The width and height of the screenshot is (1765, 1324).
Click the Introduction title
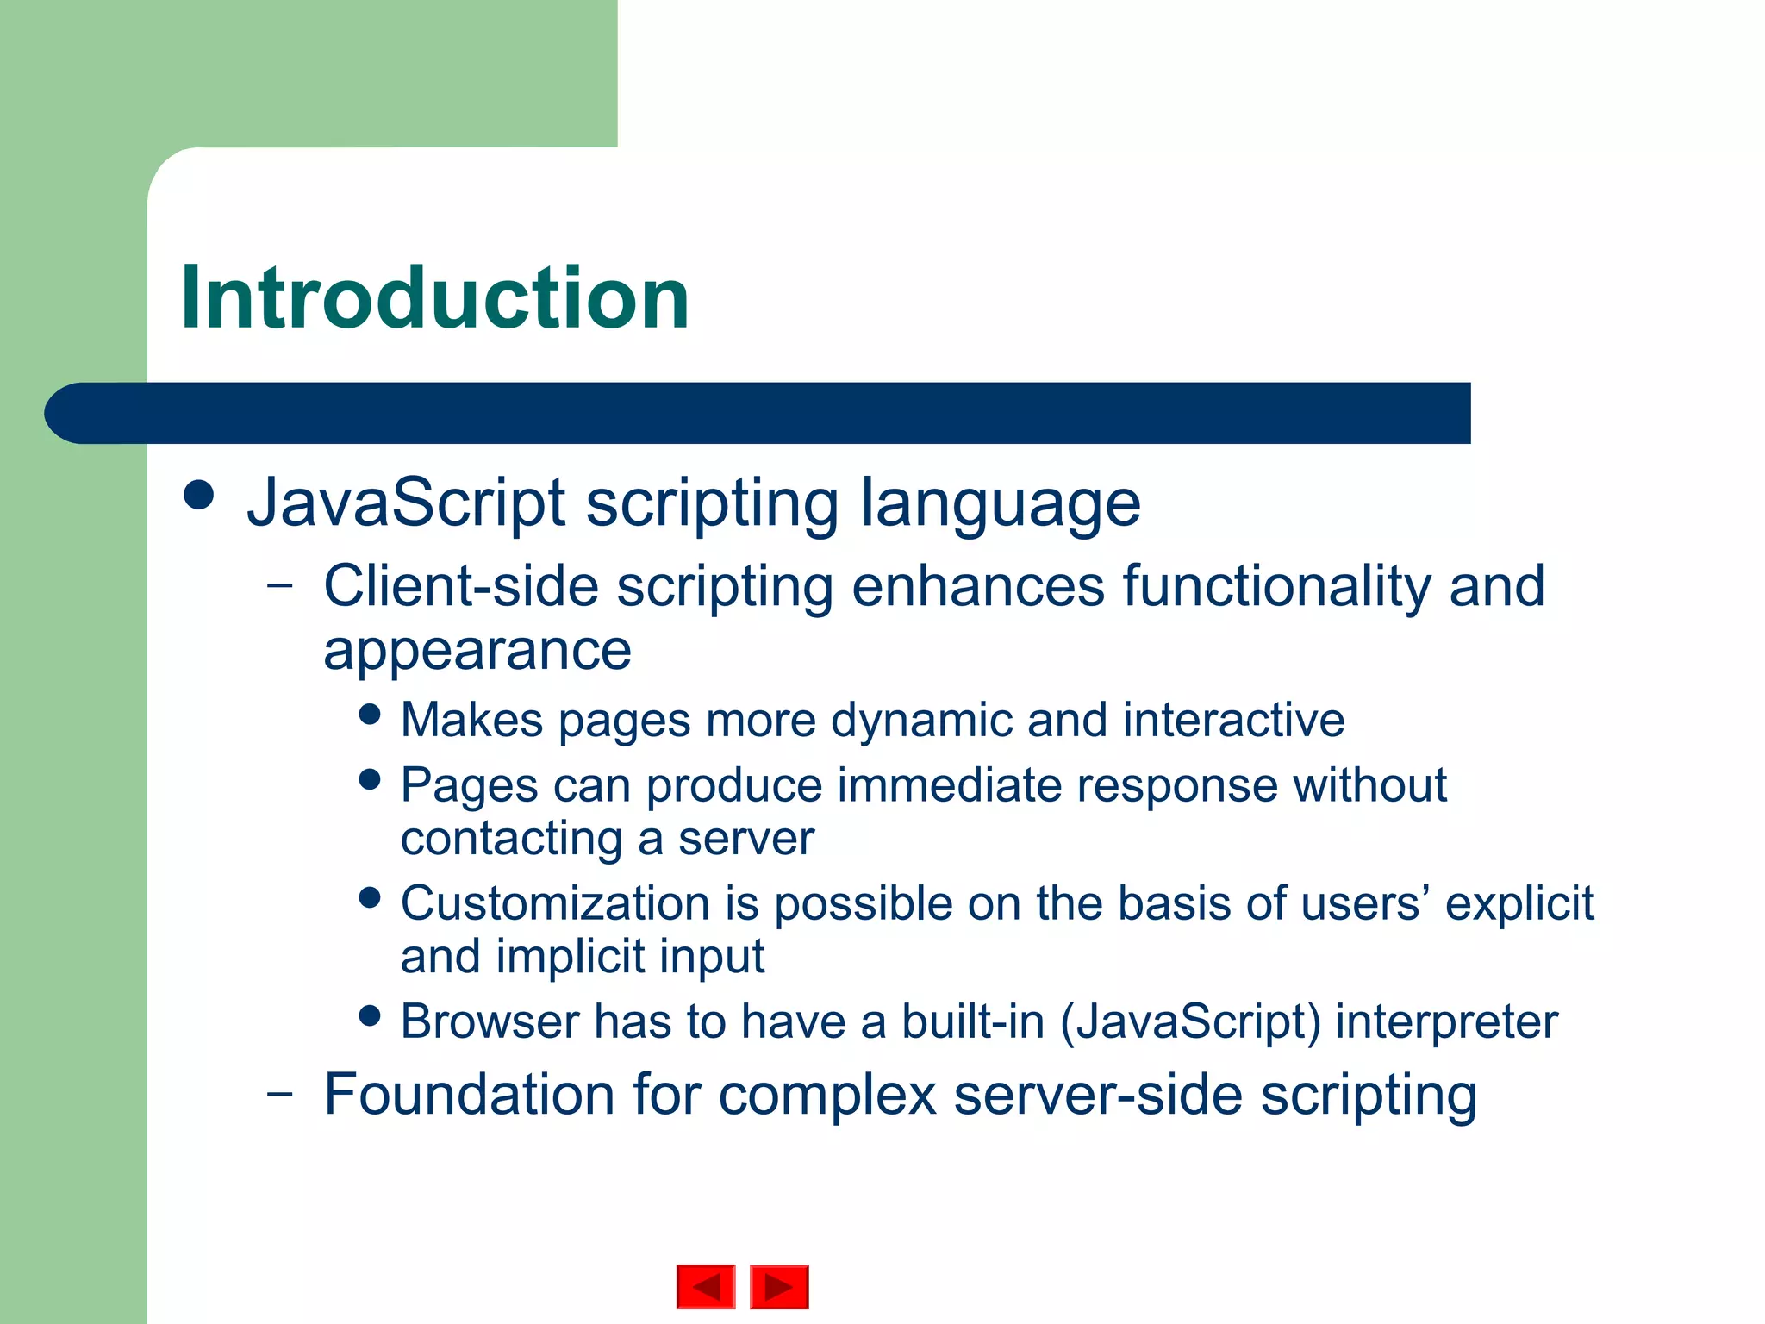click(x=435, y=298)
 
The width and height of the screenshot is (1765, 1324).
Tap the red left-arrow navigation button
click(x=706, y=1287)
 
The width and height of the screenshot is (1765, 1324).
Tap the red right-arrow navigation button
click(x=779, y=1287)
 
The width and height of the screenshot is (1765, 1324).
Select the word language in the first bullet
click(x=1001, y=504)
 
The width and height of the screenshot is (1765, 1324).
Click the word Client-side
click(x=461, y=586)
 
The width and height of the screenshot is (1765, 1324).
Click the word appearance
click(x=477, y=651)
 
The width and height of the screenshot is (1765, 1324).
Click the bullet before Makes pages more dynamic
click(x=370, y=715)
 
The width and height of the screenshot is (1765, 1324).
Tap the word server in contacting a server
click(x=745, y=839)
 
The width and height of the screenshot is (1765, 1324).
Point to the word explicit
click(x=1519, y=904)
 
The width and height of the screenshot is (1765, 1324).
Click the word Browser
click(x=490, y=1022)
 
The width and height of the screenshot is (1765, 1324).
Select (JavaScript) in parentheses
click(x=1190, y=1023)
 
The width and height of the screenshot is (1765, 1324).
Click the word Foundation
click(x=470, y=1095)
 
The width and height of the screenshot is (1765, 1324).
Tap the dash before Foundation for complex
click(x=279, y=1093)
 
